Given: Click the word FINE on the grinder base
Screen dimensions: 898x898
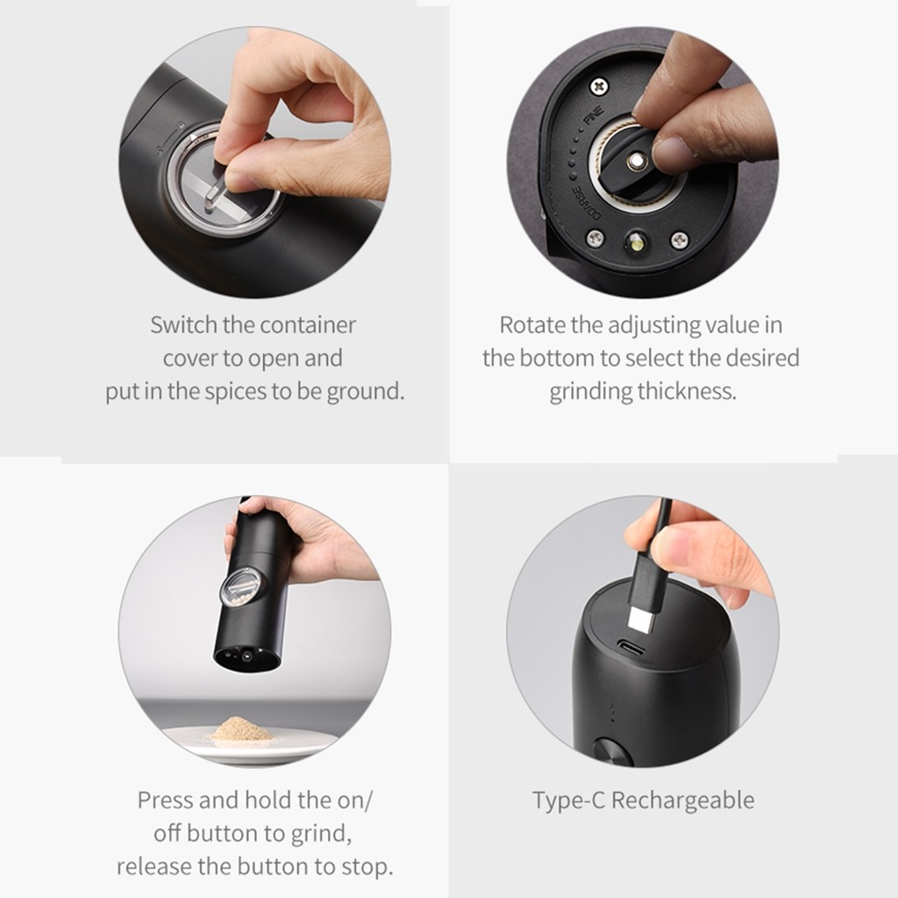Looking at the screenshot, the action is tap(594, 117).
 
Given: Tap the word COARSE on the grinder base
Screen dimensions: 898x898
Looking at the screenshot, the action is tap(585, 203).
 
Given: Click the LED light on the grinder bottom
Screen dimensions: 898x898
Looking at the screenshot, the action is tap(637, 245).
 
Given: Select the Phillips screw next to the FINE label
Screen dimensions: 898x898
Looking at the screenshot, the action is tap(599, 87).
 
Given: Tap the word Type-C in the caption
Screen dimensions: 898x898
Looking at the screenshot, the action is tap(568, 801).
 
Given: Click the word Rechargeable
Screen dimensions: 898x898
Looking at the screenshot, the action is tap(682, 801).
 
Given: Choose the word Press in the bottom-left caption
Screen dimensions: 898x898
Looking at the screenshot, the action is tap(164, 800).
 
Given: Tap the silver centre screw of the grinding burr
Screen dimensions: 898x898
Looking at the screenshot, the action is tap(636, 161).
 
